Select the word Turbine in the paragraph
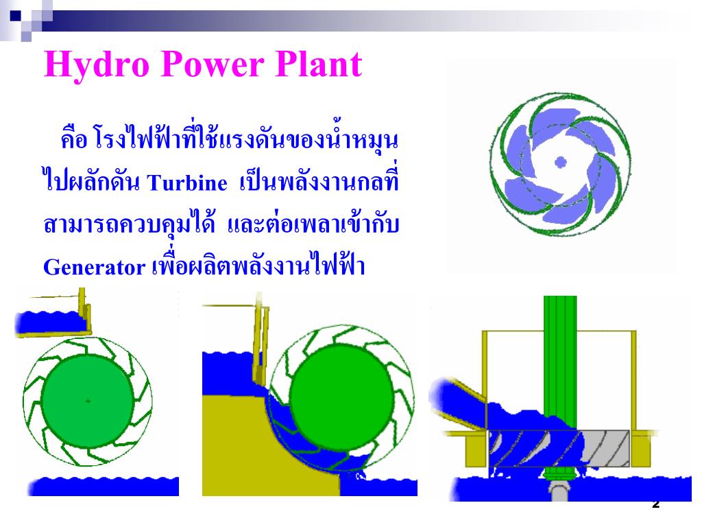click(x=187, y=184)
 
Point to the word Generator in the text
click(x=92, y=267)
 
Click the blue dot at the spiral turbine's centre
click(x=560, y=163)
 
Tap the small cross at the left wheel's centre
click(x=88, y=401)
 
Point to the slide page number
click(x=655, y=504)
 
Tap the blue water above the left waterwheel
click(x=48, y=320)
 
